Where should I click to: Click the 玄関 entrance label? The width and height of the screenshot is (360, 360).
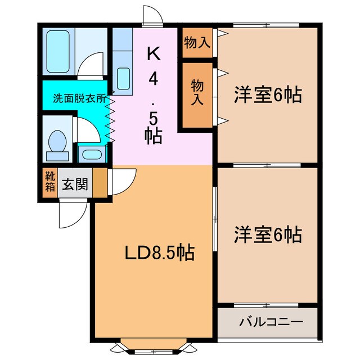[75, 184]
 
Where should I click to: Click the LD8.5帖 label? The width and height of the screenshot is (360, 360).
[159, 253]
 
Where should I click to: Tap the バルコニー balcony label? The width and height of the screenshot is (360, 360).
[271, 322]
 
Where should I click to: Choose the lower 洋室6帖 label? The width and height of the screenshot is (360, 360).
[267, 233]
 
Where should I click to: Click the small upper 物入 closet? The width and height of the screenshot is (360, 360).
[197, 43]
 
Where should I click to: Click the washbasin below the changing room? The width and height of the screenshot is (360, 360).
[91, 154]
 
